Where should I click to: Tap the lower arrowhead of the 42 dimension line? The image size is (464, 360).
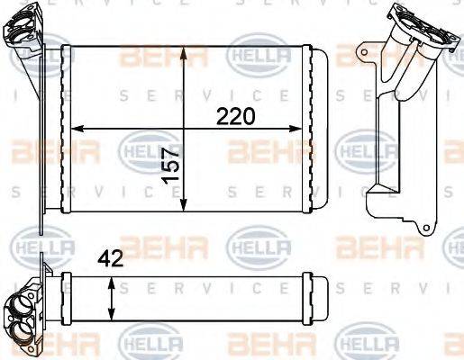click(x=111, y=319)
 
